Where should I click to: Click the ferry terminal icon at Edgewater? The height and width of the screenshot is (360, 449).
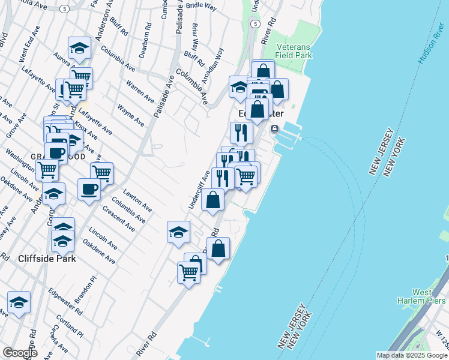pos(274,129)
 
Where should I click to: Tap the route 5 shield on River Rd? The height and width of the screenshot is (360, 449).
pos(256,23)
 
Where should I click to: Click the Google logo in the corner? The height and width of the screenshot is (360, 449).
pos(20,353)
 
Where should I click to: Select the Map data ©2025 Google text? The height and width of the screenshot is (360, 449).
pos(412,355)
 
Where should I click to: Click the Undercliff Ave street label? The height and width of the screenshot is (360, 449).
pos(200,190)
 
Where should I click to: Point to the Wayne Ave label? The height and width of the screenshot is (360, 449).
pos(131,115)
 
